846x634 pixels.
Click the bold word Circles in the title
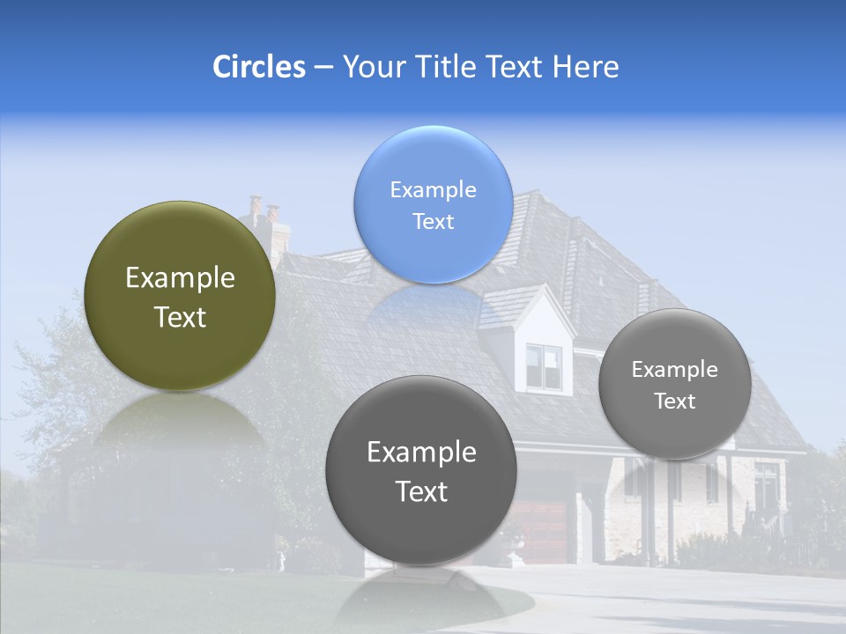click(x=259, y=67)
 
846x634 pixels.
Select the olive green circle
click(x=180, y=296)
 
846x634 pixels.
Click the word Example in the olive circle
click(x=180, y=278)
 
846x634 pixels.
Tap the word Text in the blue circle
click(x=433, y=222)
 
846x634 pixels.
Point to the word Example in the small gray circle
click(x=675, y=370)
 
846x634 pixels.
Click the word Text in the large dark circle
click(x=421, y=491)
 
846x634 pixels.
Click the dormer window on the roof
click(x=544, y=365)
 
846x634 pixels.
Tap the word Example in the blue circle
click(x=433, y=190)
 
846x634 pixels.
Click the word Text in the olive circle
click(x=180, y=317)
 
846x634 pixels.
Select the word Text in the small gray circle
click(x=675, y=402)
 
